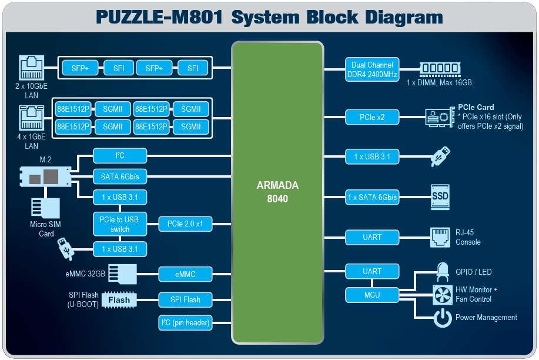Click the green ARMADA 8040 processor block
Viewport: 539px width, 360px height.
277,192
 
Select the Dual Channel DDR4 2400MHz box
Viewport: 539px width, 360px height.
372,69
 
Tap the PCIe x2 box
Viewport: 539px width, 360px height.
372,117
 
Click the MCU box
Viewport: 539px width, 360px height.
372,295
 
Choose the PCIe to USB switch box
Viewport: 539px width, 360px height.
120,224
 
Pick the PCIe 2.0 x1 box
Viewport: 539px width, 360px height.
185,224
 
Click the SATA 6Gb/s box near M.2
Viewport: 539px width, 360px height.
120,176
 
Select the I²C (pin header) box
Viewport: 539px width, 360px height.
185,322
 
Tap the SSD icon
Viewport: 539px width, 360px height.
440,196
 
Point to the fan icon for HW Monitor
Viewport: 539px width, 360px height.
441,294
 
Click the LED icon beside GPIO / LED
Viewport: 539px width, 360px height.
442,272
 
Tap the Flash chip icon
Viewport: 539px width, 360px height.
119,300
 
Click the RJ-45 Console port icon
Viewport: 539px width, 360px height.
440,237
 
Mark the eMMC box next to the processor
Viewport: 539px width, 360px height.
185,274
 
